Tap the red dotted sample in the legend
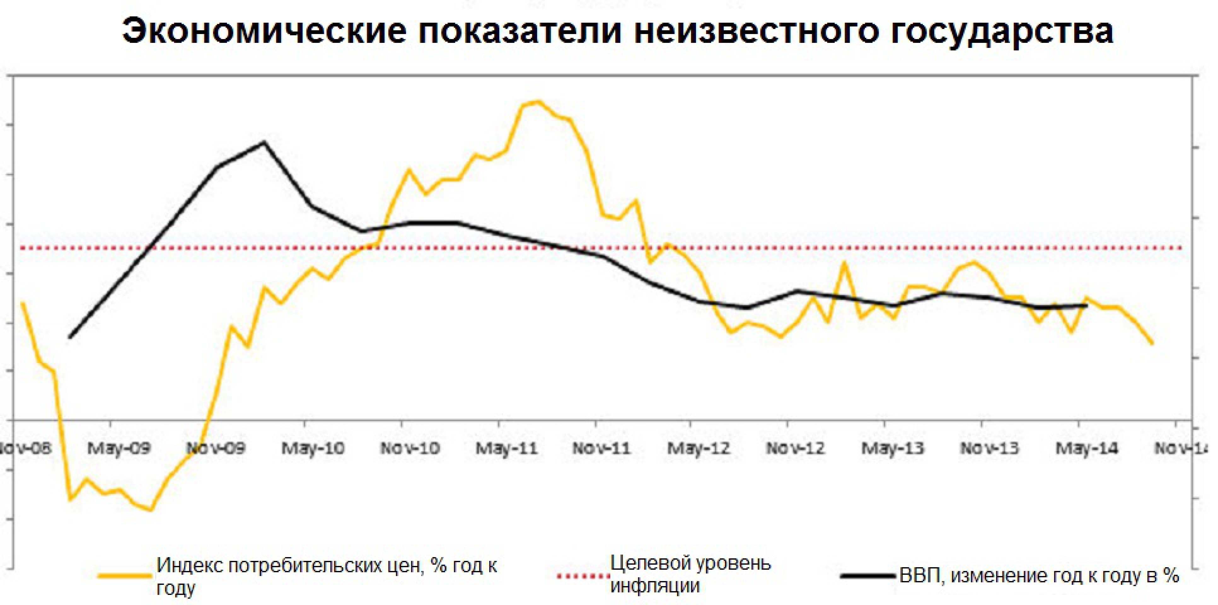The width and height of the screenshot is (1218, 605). click(x=583, y=576)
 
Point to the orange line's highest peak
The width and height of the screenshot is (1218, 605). click(x=538, y=101)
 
